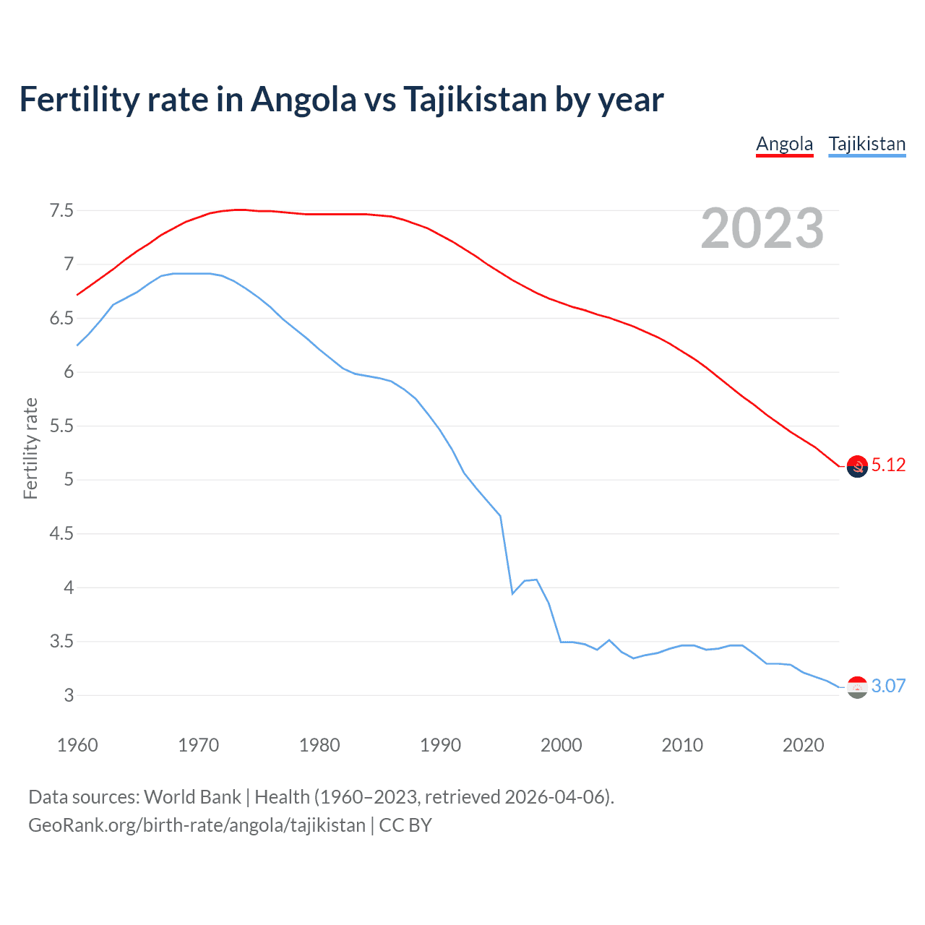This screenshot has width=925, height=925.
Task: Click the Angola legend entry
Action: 784,145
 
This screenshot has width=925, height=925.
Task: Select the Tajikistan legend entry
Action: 866,145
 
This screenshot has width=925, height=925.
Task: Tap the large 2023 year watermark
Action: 762,228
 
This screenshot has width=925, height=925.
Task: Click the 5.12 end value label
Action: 888,465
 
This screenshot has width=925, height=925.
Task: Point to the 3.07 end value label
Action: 888,687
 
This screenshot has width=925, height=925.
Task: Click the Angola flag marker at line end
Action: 857,467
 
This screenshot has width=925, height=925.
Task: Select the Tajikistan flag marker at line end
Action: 857,687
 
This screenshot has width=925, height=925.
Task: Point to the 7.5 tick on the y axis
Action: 61,211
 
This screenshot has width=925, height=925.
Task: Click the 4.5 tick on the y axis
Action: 61,534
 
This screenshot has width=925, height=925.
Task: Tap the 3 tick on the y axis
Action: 68,696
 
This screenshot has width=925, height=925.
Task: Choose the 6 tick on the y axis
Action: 68,372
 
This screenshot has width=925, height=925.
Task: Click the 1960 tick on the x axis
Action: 77,745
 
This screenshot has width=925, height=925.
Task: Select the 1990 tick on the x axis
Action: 440,745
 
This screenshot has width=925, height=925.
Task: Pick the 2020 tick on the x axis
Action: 803,745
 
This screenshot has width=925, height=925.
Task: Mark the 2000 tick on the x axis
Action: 561,745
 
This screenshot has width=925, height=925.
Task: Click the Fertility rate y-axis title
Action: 30,448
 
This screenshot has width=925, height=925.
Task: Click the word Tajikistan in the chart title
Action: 474,100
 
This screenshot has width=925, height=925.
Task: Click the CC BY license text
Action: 405,825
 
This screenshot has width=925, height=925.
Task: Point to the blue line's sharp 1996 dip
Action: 512,593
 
